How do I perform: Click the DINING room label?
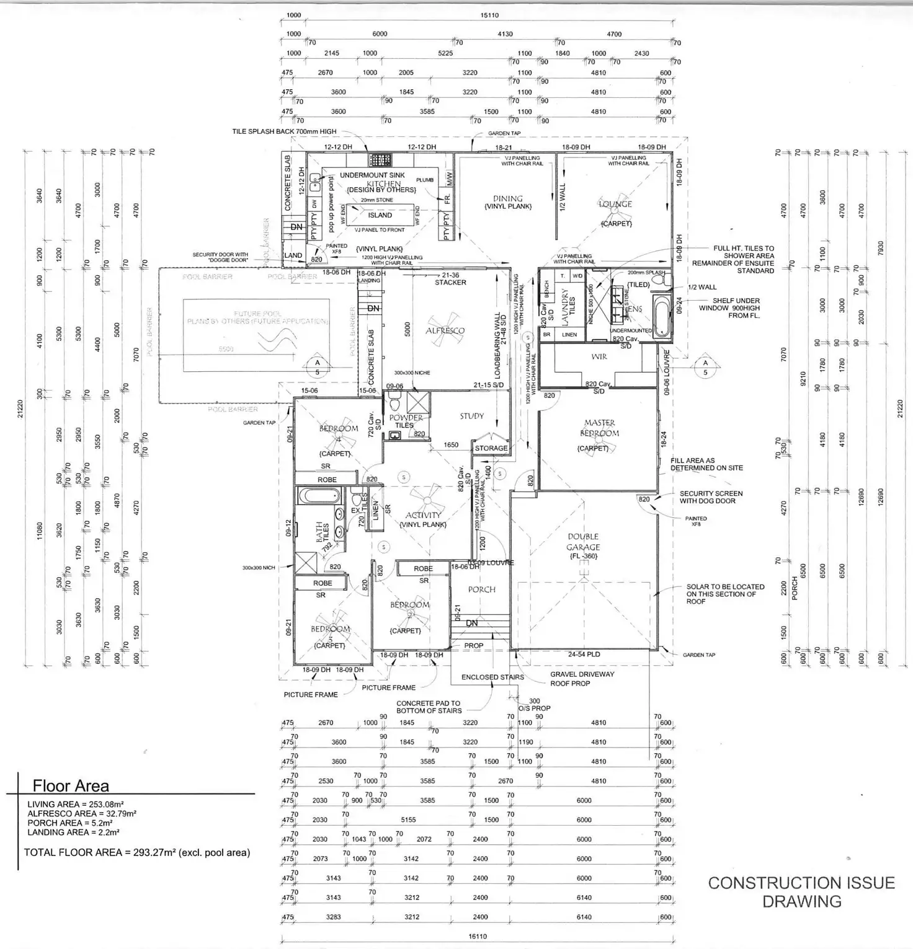pos(508,199)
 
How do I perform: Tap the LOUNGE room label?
pos(615,204)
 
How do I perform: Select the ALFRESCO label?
pos(445,331)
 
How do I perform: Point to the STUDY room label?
pos(472,416)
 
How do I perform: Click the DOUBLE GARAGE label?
pos(583,542)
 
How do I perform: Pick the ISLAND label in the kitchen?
pos(380,215)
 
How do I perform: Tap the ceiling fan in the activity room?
pos(426,500)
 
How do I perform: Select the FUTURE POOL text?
pos(257,314)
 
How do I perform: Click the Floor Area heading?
pos(71,786)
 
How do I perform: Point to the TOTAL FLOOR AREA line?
pos(136,852)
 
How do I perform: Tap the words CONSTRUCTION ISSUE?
pos(801,883)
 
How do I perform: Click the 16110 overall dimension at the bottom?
pos(478,937)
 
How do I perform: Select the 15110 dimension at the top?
pos(489,15)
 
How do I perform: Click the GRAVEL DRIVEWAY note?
pos(582,674)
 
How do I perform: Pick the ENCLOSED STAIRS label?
pos(492,677)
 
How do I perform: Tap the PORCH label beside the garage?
pos(482,589)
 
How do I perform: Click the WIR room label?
pos(599,357)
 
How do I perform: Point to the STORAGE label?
pos(491,448)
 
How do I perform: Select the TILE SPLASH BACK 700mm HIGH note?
pos(284,131)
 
